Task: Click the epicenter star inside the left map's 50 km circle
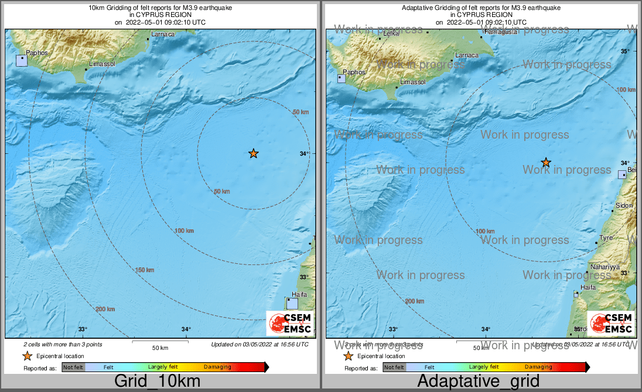253,153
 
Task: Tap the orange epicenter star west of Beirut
546,162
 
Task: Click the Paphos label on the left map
36,53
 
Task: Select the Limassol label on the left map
102,63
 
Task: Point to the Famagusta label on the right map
501,32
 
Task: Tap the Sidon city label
623,206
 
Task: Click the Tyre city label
606,238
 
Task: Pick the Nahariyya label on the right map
605,267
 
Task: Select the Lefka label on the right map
390,34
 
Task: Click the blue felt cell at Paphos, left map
22,60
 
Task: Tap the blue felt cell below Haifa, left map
292,304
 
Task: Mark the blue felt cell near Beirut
622,174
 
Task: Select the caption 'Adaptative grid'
478,381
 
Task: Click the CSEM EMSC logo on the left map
290,323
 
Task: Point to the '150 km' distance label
144,270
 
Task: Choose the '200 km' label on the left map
105,309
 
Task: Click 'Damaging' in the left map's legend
217,367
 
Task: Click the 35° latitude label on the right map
625,51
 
